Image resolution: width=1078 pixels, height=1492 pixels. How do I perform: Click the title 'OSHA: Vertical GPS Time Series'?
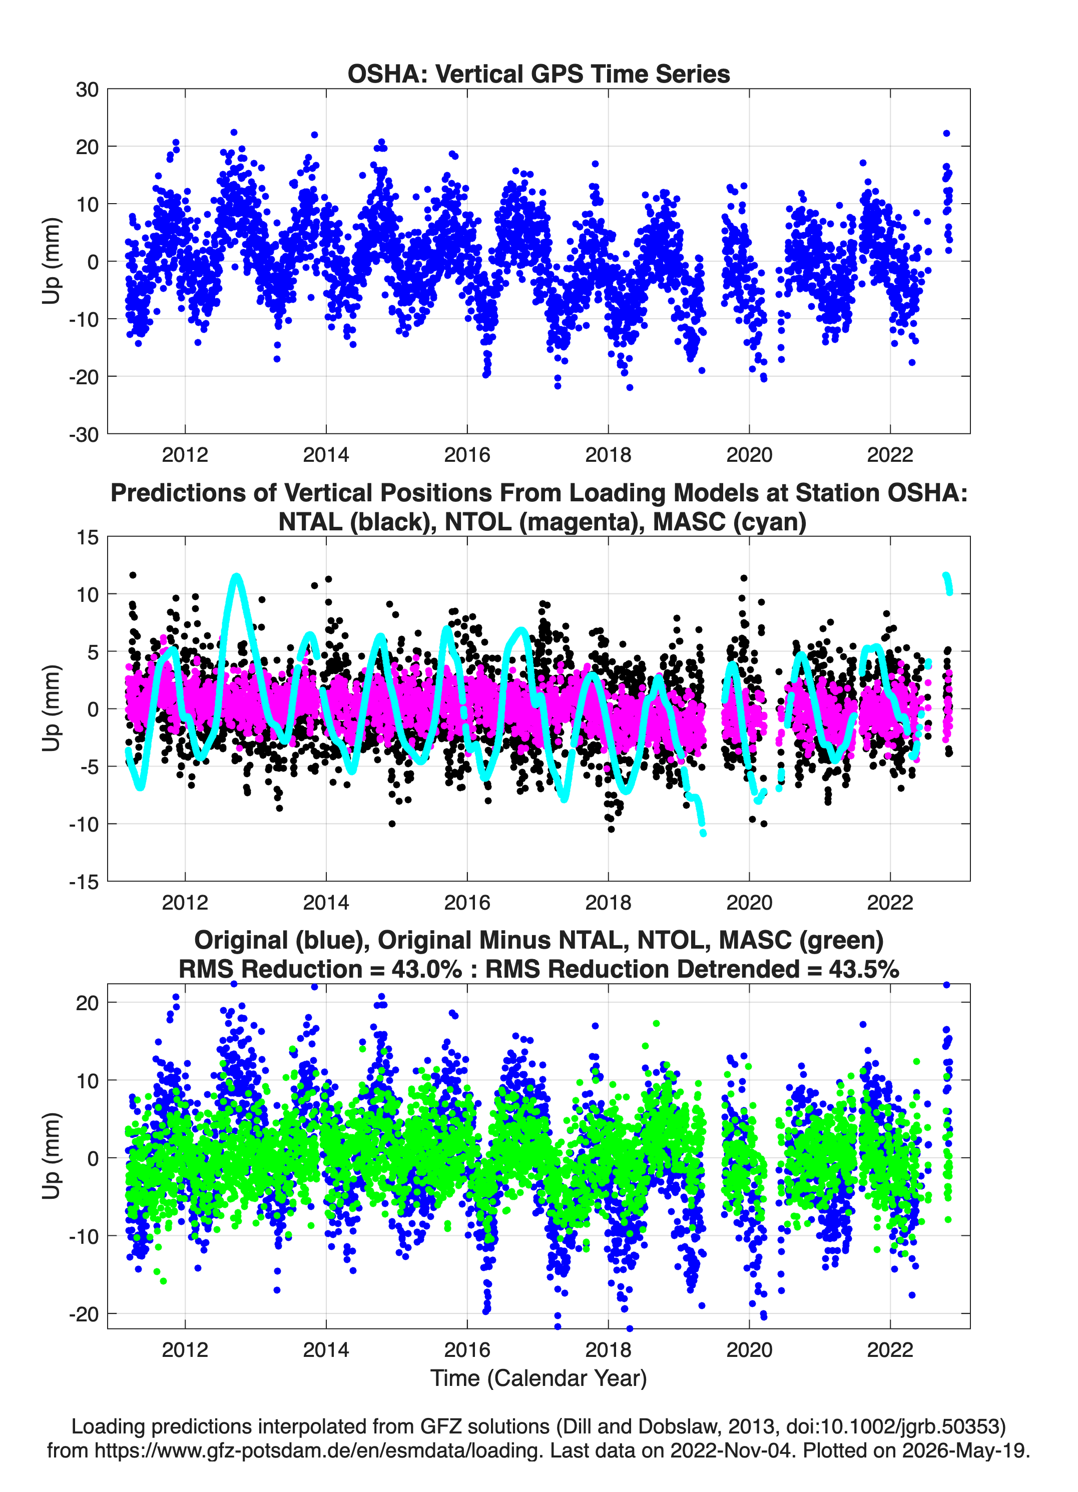pyautogui.click(x=538, y=74)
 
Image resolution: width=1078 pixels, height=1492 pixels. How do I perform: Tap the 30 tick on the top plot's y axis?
pyautogui.click(x=87, y=90)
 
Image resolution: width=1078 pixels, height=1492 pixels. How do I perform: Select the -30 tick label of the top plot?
pyautogui.click(x=84, y=434)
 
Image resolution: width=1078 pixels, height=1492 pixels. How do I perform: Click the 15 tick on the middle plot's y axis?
pyautogui.click(x=88, y=537)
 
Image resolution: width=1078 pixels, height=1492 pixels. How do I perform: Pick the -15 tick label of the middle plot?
pyautogui.click(x=84, y=882)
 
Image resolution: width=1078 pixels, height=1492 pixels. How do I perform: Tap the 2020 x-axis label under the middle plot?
pyautogui.click(x=749, y=902)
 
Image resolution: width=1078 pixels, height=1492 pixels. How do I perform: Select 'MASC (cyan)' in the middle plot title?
pyautogui.click(x=729, y=522)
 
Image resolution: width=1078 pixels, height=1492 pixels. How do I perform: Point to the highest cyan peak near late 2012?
pyautogui.click(x=236, y=577)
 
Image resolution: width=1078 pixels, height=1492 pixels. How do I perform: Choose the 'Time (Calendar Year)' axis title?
pyautogui.click(x=538, y=1377)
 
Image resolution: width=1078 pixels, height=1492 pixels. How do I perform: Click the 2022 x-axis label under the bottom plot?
pyautogui.click(x=890, y=1349)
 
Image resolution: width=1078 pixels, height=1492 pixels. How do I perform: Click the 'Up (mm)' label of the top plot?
pyautogui.click(x=52, y=261)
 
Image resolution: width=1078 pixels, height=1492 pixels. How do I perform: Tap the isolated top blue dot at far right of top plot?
pyautogui.click(x=946, y=134)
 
